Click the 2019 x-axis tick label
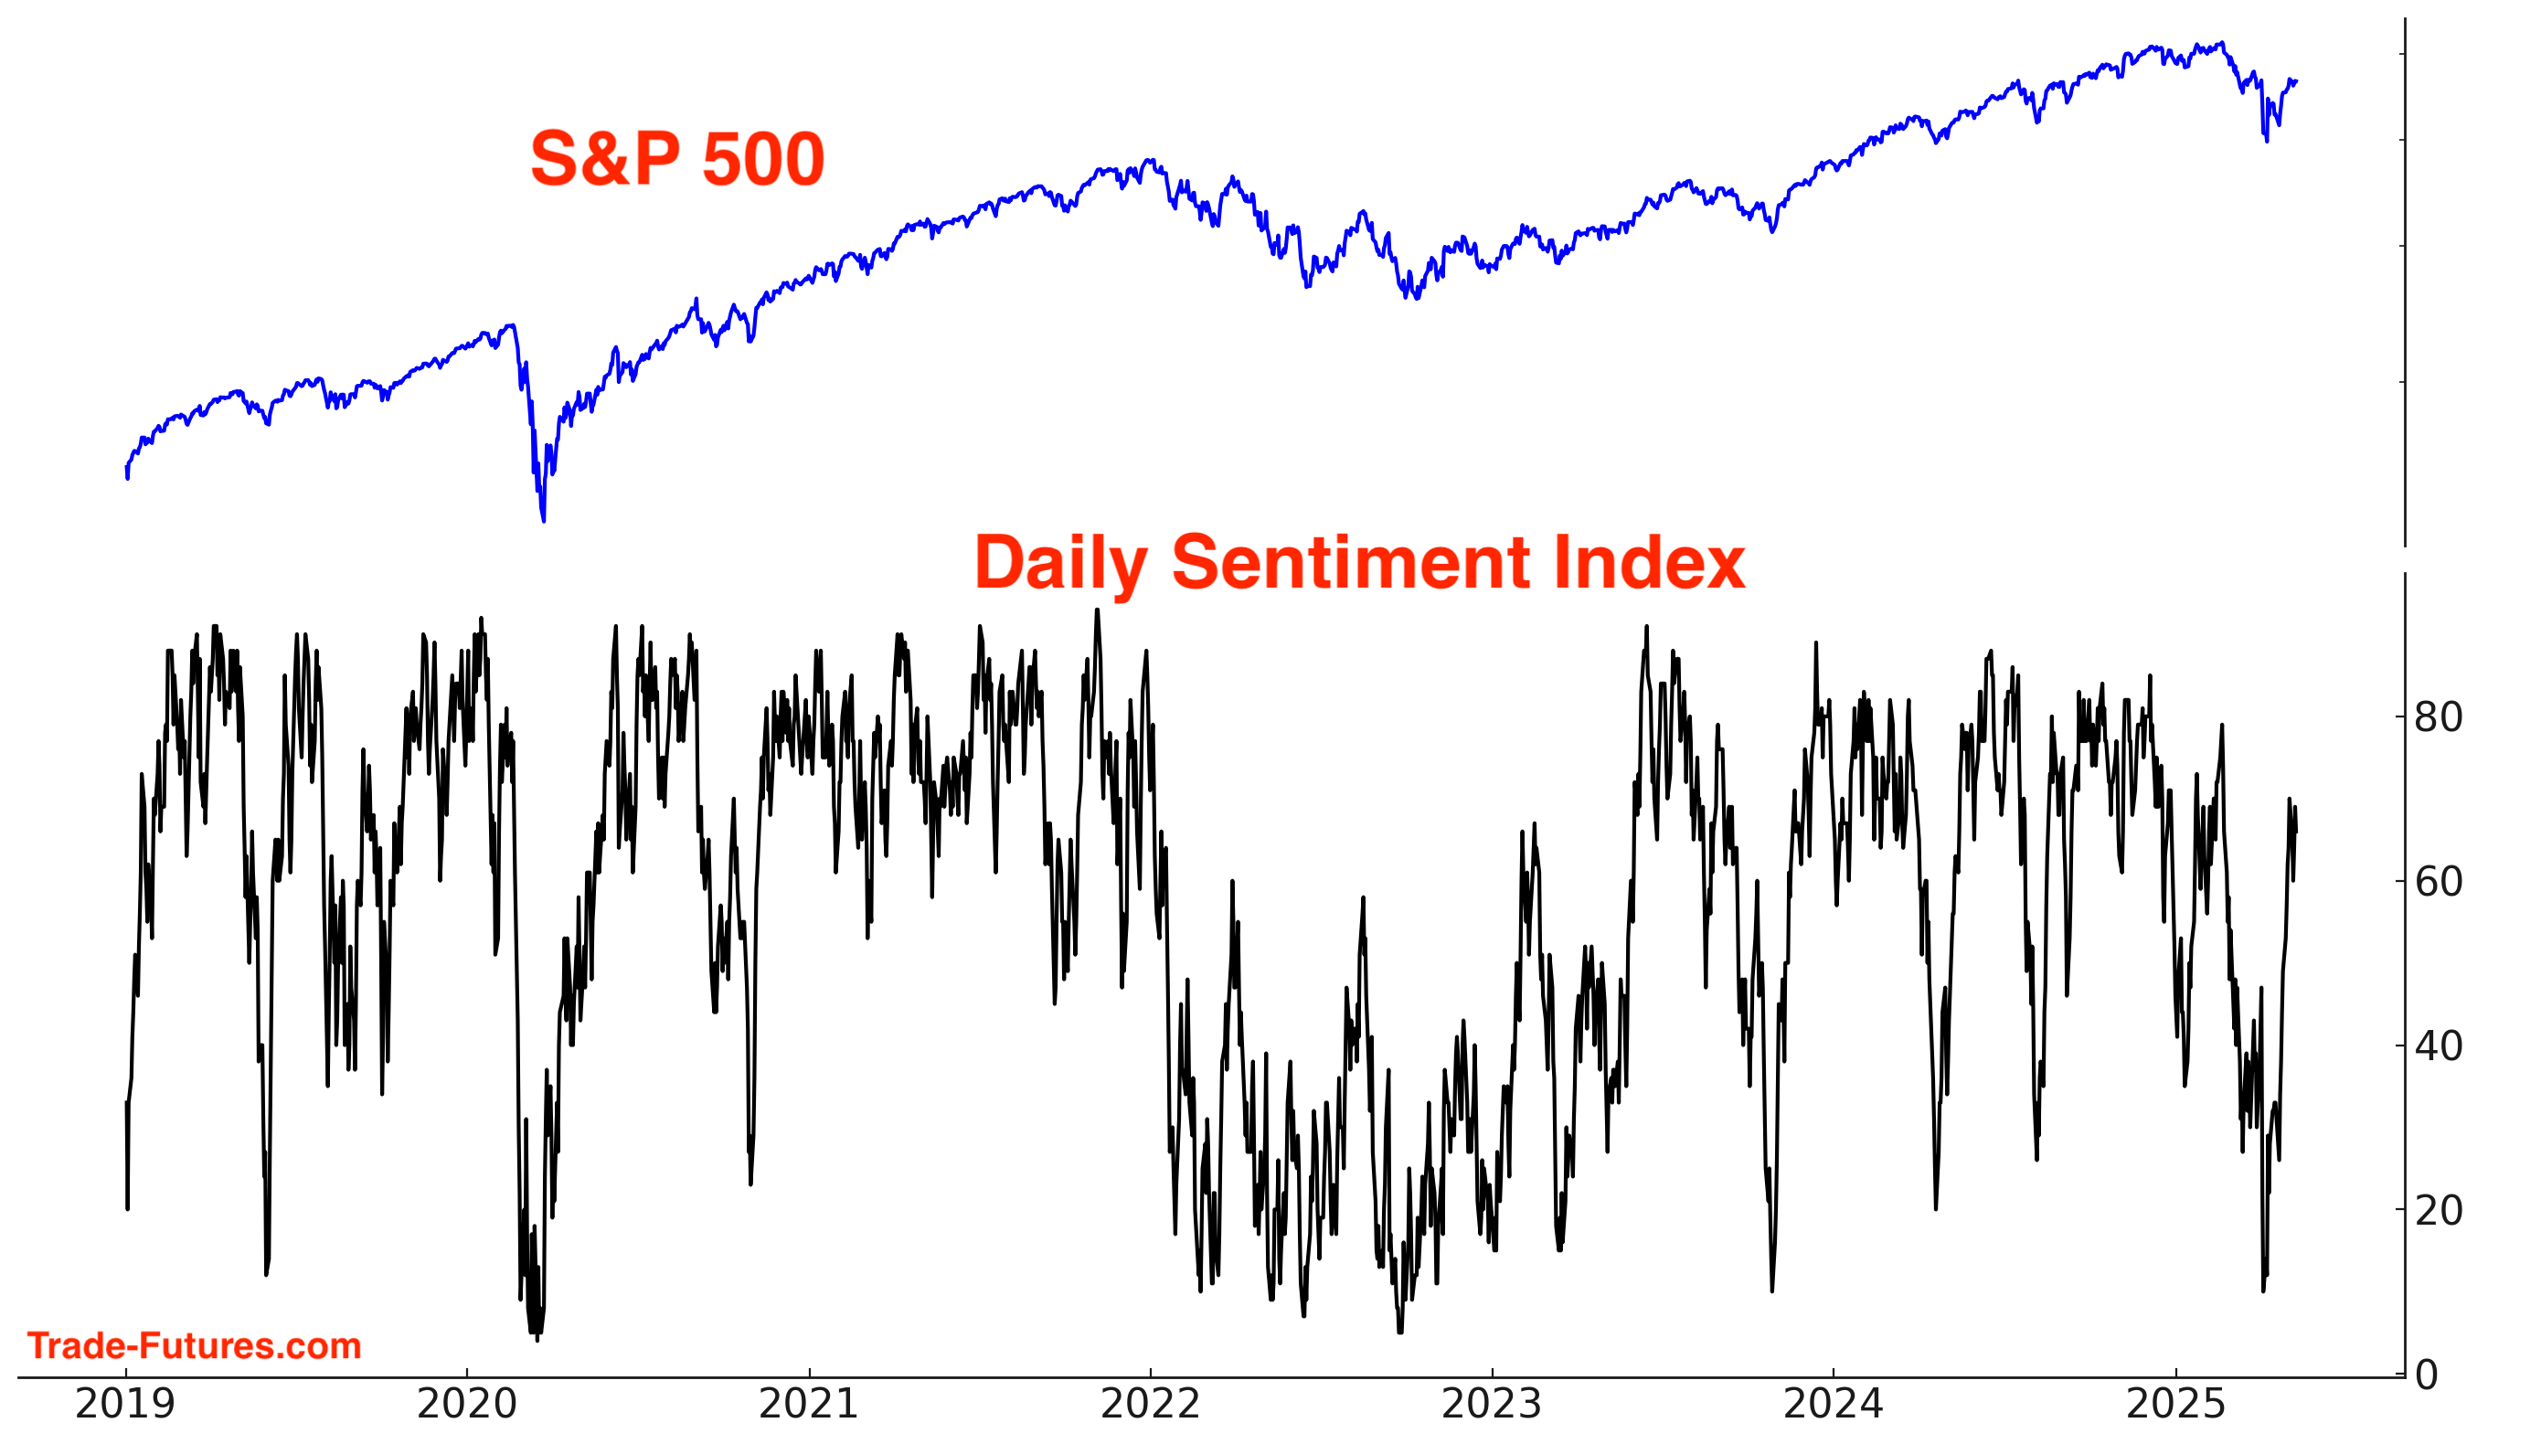125,1405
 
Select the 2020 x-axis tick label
466,1405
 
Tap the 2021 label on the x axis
808,1405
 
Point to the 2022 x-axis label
1150,1405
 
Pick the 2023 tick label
1491,1405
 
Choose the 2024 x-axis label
1833,1405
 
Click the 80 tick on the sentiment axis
2438,717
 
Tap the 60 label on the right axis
2438,882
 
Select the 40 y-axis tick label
2438,1046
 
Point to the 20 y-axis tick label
2438,1210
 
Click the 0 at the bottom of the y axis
2426,1375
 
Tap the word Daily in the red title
1060,563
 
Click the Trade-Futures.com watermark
195,1346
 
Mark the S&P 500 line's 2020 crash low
543,519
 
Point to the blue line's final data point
2296,81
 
